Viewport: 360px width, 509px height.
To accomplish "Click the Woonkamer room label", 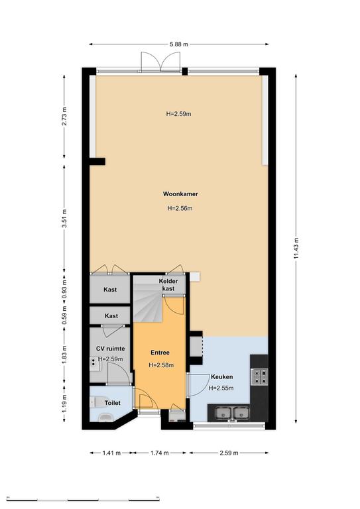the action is coord(180,194).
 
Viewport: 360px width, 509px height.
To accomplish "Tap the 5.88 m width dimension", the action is coord(179,44).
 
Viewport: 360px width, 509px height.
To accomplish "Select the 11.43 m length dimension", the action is coord(296,249).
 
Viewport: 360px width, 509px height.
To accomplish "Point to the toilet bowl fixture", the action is coord(96,402).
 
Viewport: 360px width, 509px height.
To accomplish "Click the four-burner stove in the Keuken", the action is coord(260,376).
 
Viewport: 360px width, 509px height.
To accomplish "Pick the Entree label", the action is coord(160,353).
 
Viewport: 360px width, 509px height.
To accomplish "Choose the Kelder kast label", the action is coord(168,285).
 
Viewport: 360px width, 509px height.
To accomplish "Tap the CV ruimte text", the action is coord(110,349).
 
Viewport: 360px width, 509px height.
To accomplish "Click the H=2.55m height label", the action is coord(221,388).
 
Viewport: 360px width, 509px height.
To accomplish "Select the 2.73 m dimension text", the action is coord(64,116).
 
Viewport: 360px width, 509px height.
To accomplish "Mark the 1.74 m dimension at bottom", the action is coord(159,453).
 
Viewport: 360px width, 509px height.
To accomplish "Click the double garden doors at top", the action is coord(160,62).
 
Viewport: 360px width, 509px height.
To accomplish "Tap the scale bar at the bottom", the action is coord(83,500).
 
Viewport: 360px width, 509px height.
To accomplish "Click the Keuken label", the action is coord(222,377).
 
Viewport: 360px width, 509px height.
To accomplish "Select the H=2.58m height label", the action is coord(161,365).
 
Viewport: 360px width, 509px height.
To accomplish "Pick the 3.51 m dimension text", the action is coord(64,218).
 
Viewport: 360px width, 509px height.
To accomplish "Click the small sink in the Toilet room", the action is coord(105,418).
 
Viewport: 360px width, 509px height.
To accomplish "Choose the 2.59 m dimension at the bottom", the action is coord(229,453).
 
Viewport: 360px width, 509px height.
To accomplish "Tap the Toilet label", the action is coord(112,403).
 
